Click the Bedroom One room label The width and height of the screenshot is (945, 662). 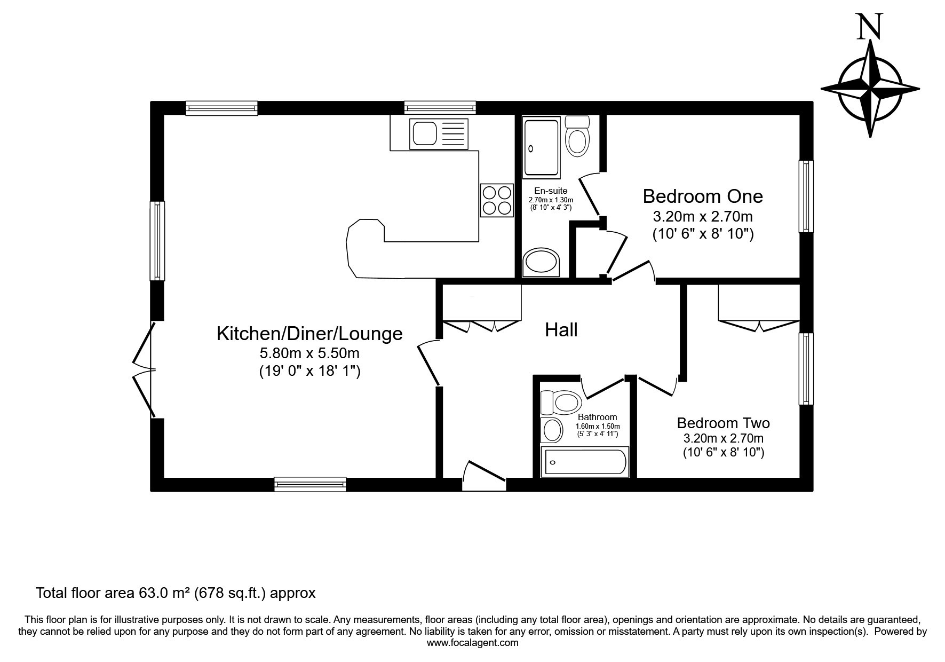[703, 196]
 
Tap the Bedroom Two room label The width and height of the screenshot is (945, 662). [723, 423]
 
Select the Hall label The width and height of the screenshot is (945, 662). [561, 330]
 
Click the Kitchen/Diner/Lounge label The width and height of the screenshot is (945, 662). [309, 333]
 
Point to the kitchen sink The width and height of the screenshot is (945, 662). [438, 133]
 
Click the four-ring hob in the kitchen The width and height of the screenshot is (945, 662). [497, 200]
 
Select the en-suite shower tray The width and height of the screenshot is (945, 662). [541, 148]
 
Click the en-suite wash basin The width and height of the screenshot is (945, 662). [541, 262]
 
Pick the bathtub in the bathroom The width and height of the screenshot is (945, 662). [585, 462]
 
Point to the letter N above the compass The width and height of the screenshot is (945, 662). [869, 27]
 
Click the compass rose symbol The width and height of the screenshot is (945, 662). [870, 89]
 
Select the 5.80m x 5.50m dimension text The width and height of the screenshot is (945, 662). [309, 353]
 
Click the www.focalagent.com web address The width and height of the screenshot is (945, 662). [472, 643]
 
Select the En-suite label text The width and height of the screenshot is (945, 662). [551, 191]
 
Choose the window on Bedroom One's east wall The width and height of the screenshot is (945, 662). [806, 196]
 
